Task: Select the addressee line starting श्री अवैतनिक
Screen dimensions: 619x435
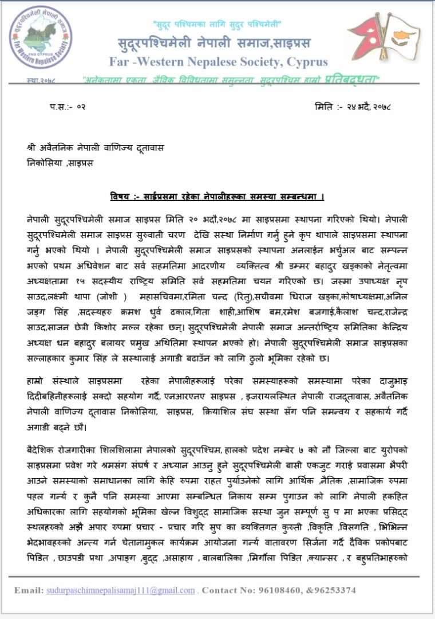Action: [x=96, y=147]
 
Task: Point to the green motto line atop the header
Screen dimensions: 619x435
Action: [x=216, y=25]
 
